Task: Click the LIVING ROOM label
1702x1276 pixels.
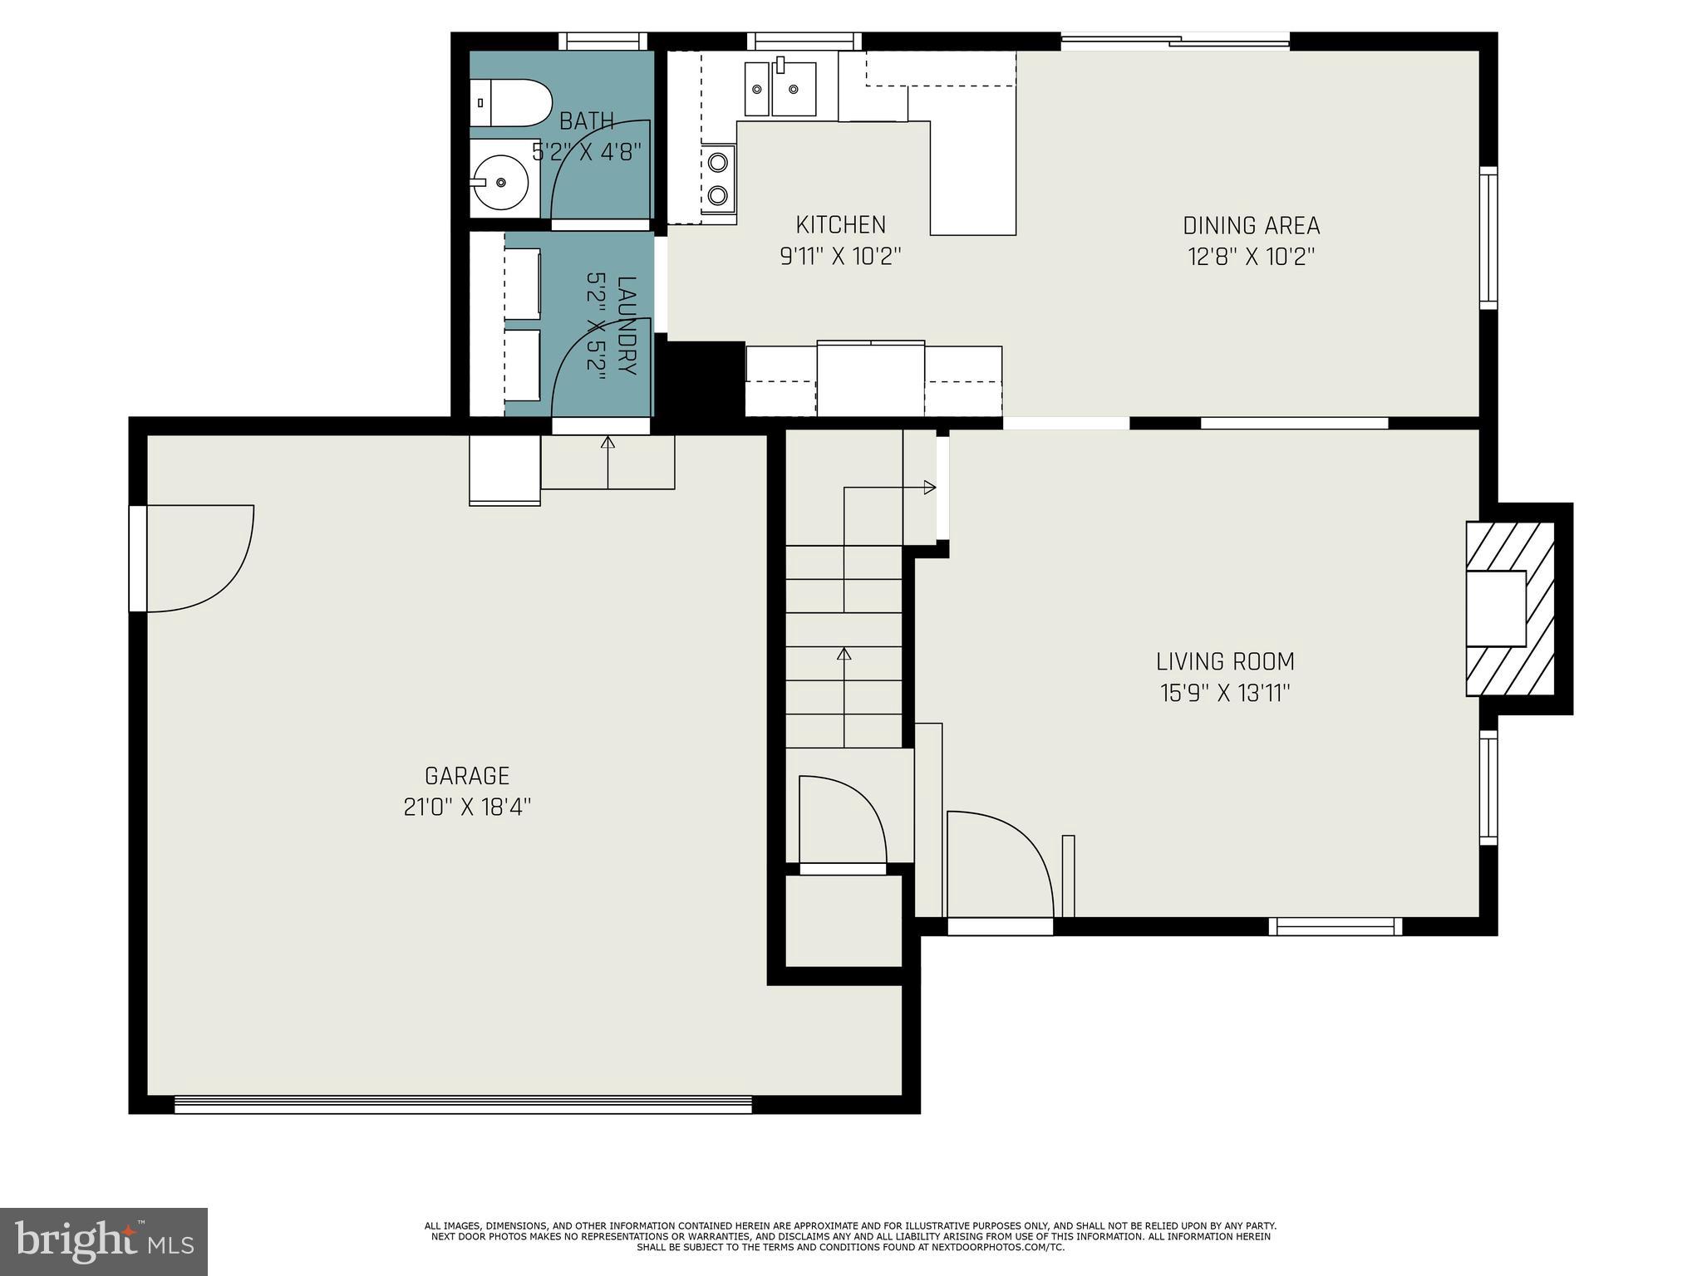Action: tap(1225, 662)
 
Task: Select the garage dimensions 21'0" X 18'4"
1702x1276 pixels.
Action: tap(467, 807)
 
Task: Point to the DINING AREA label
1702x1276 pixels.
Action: tap(1251, 226)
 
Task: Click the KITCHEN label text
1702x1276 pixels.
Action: tap(840, 225)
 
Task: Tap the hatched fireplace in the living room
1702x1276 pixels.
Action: tap(1509, 609)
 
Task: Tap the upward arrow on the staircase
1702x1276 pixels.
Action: tap(844, 654)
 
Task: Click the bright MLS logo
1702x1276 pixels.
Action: tap(104, 1241)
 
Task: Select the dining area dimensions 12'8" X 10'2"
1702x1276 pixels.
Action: tap(1251, 257)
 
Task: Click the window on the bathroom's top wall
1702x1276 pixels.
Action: tap(602, 42)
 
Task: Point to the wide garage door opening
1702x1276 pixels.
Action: tap(463, 1105)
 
